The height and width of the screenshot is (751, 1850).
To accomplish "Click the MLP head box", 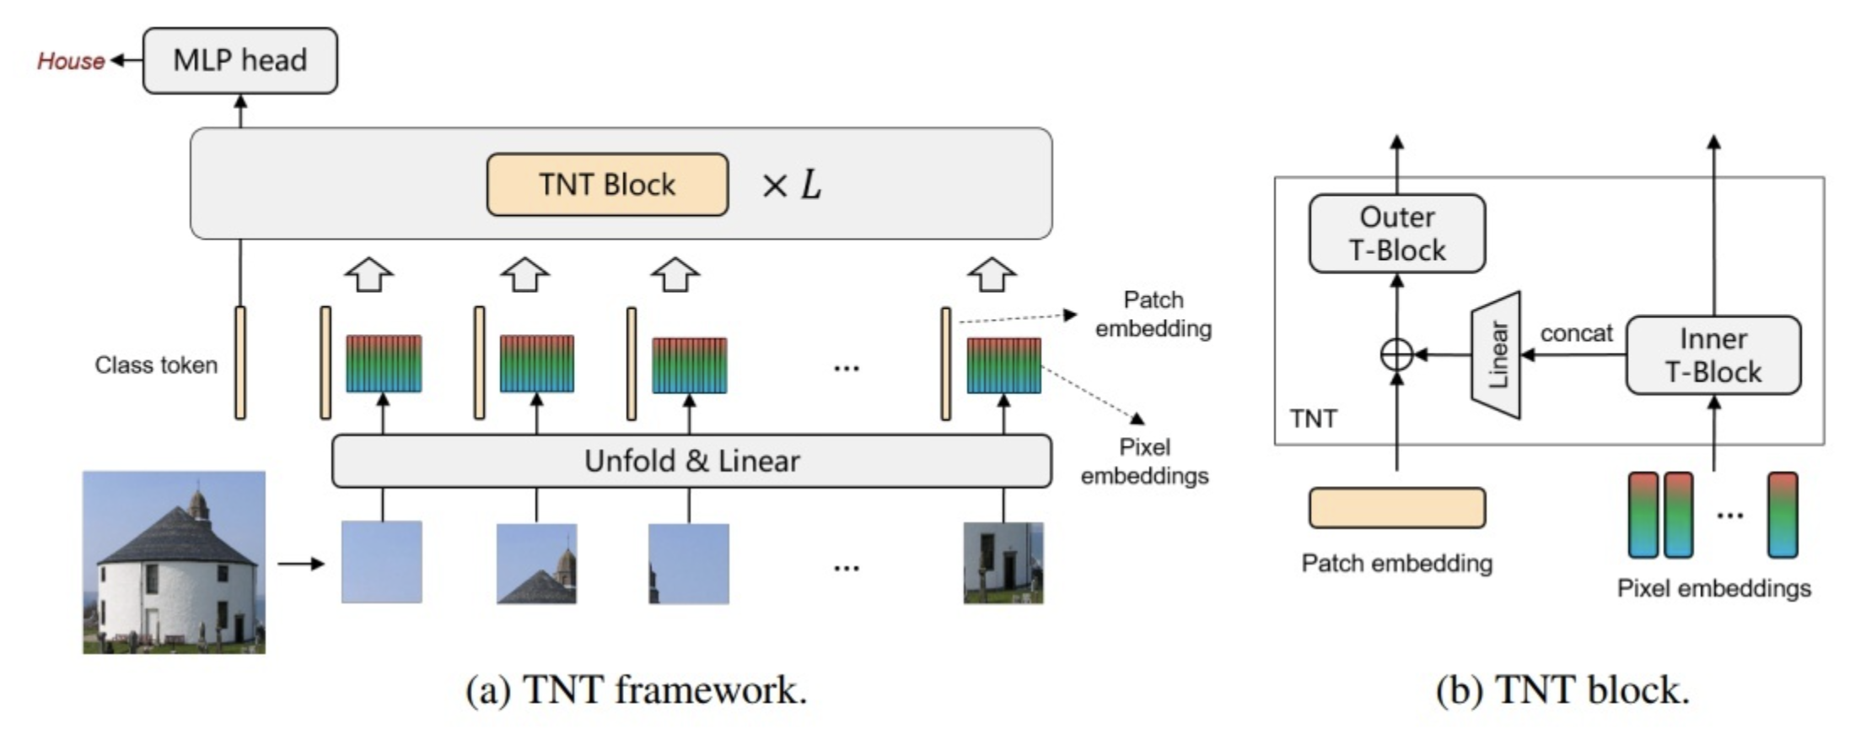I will pyautogui.click(x=240, y=61).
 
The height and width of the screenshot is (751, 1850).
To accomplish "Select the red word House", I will pyautogui.click(x=71, y=62).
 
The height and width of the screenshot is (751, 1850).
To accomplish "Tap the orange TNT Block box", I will pyautogui.click(x=607, y=185).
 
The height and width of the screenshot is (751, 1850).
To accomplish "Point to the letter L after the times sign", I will pyautogui.click(x=810, y=185).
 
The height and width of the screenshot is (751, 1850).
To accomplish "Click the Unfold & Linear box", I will pyautogui.click(x=691, y=462).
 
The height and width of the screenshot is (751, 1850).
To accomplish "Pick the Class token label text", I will pyautogui.click(x=156, y=365).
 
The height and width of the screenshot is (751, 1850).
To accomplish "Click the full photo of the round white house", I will pyautogui.click(x=174, y=562).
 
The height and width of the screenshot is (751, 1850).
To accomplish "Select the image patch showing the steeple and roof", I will pyautogui.click(x=536, y=564).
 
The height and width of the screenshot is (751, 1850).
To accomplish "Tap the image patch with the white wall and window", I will pyautogui.click(x=1003, y=563).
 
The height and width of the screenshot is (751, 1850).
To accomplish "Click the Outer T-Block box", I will pyautogui.click(x=1397, y=234).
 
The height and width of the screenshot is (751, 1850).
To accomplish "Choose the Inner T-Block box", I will pyautogui.click(x=1713, y=355).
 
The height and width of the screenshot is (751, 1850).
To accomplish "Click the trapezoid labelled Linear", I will pyautogui.click(x=1496, y=355).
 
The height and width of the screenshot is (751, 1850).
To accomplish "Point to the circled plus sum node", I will pyautogui.click(x=1396, y=355).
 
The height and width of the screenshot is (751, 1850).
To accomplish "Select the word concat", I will pyautogui.click(x=1576, y=333).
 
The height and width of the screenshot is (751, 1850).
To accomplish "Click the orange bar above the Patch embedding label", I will pyautogui.click(x=1397, y=508).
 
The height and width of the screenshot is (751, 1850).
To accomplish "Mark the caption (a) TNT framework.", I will pyautogui.click(x=637, y=690).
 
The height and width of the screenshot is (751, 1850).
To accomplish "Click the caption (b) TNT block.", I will pyautogui.click(x=1562, y=690).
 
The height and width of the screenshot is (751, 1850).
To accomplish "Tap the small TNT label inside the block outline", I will pyautogui.click(x=1313, y=419).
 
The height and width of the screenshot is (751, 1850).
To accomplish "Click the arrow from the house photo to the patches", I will pyautogui.click(x=301, y=564).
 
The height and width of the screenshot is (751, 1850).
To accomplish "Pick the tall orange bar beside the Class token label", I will pyautogui.click(x=240, y=363).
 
